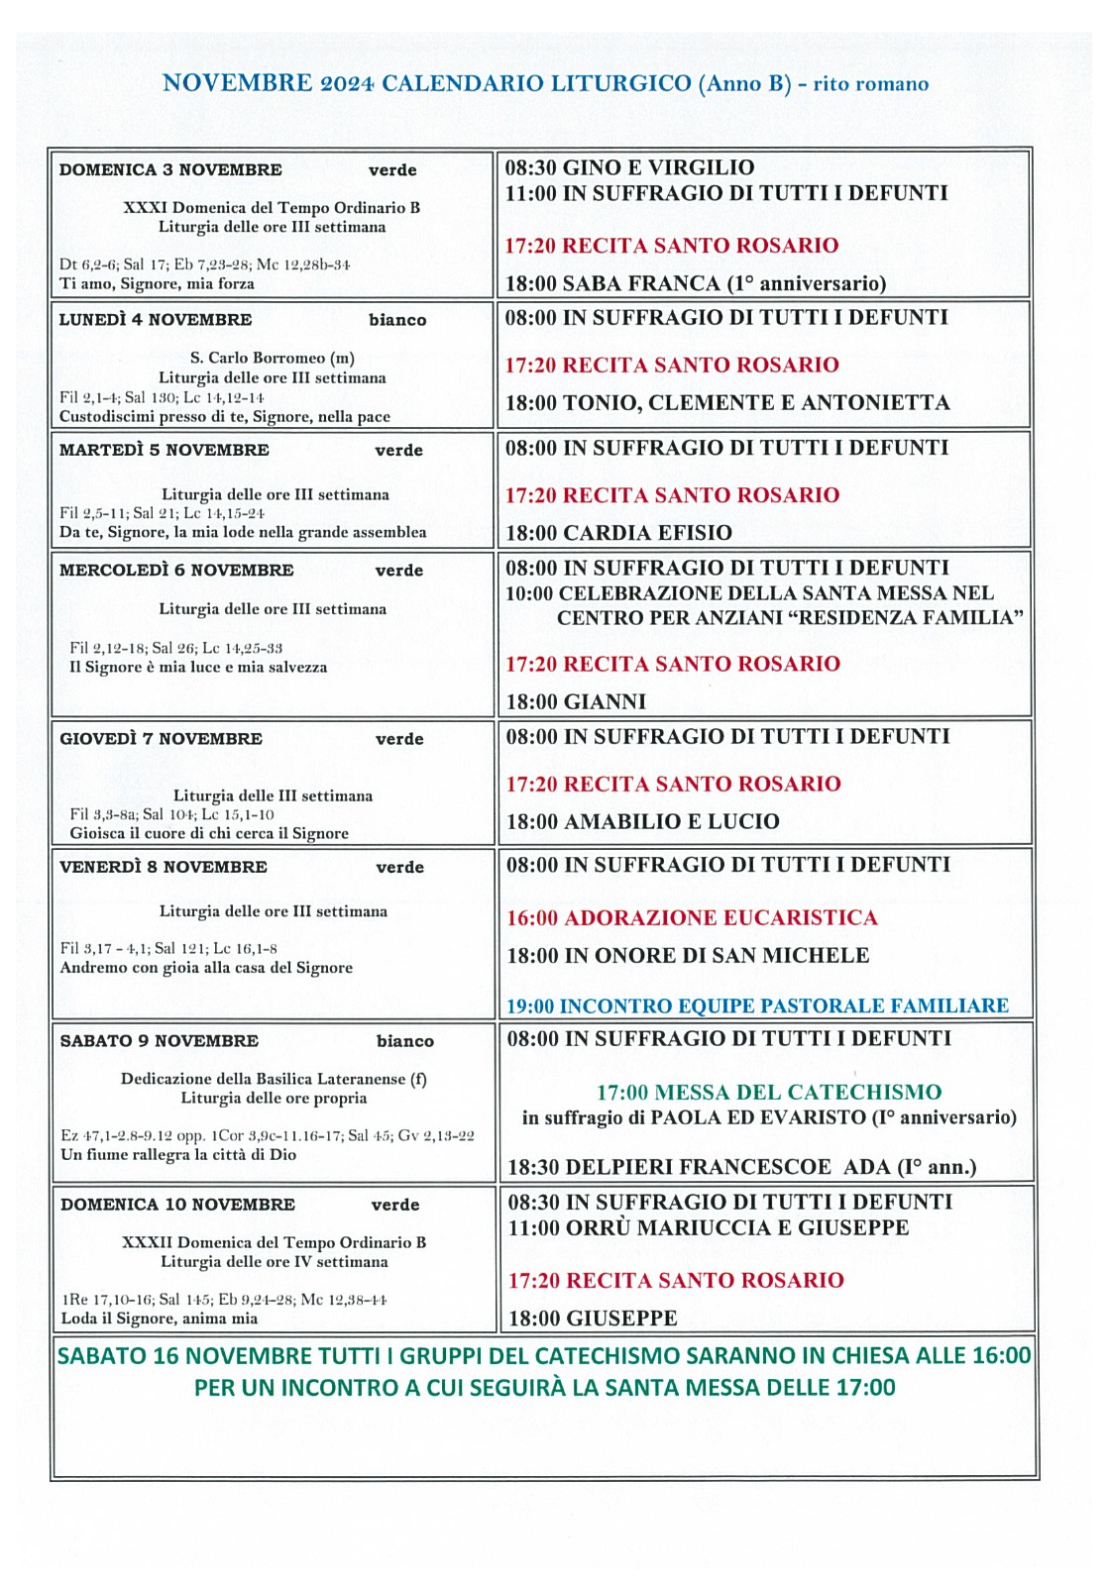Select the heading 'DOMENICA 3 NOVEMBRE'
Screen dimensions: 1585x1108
click(170, 169)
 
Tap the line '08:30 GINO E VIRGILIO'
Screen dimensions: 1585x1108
click(629, 167)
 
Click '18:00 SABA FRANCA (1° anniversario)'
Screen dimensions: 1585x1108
click(696, 283)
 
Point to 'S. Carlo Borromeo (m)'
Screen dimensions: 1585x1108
click(273, 358)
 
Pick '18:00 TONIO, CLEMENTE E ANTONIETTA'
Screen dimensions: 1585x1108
click(727, 402)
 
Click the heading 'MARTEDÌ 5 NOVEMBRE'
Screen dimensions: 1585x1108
click(165, 450)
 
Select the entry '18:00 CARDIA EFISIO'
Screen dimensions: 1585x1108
click(619, 533)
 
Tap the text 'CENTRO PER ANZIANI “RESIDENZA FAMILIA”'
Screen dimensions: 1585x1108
click(790, 618)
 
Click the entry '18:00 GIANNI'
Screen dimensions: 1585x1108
click(576, 702)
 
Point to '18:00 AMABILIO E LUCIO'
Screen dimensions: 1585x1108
click(643, 821)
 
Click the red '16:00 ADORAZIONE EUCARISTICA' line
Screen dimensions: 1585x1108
click(692, 917)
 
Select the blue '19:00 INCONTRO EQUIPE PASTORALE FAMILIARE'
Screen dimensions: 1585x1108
click(757, 1006)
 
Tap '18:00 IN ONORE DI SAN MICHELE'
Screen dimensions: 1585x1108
click(688, 956)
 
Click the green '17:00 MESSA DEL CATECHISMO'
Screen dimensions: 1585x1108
click(768, 1093)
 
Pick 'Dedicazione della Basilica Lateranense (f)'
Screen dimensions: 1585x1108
click(274, 1079)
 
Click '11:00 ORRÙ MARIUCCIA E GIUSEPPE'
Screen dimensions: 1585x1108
click(708, 1228)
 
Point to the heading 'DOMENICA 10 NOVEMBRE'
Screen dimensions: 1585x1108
click(177, 1205)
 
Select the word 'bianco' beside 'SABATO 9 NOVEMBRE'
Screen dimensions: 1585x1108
click(405, 1041)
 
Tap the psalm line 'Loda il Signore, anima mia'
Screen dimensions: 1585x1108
click(160, 1319)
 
